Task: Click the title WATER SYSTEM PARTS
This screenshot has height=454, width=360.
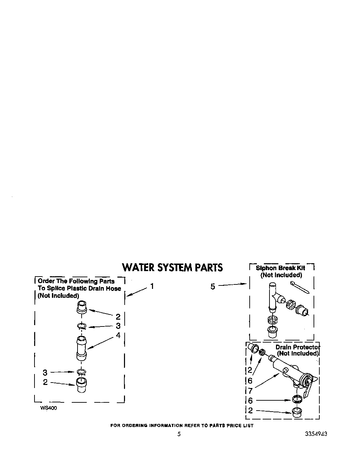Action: tap(172, 267)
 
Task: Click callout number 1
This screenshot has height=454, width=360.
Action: tap(152, 286)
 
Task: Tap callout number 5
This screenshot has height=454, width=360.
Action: tap(213, 287)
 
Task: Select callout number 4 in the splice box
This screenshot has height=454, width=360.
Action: tap(118, 335)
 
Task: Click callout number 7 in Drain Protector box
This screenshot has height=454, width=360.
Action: tap(250, 391)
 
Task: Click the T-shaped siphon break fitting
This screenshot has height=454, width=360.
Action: tap(274, 298)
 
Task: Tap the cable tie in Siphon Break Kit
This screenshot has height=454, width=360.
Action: tap(300, 288)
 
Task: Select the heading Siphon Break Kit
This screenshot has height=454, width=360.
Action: tap(280, 268)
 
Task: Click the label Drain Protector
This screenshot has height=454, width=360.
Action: tap(297, 347)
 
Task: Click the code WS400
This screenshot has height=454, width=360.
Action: tap(49, 408)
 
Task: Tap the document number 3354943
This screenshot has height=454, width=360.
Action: tap(316, 434)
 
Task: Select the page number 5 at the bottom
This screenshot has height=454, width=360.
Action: tap(179, 434)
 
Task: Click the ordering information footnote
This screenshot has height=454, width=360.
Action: tap(182, 426)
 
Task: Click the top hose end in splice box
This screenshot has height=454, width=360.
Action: tap(82, 306)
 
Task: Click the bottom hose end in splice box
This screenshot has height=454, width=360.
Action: tap(81, 385)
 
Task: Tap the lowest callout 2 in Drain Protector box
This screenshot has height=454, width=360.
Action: tap(250, 411)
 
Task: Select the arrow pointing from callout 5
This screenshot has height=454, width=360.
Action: tap(232, 284)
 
